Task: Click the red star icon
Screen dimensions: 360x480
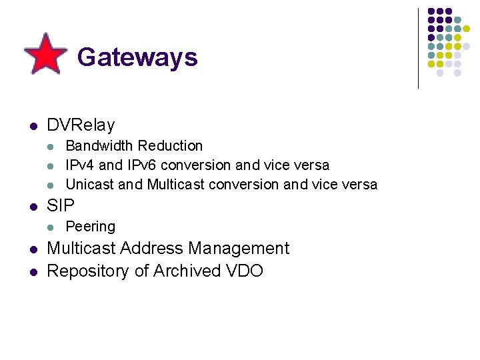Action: click(x=45, y=53)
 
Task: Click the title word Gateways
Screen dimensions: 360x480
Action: click(x=137, y=57)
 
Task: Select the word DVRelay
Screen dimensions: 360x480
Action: click(x=81, y=125)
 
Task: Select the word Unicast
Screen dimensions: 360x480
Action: click(x=89, y=184)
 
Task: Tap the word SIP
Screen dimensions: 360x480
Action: click(x=61, y=205)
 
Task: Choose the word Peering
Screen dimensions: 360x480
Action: click(x=91, y=227)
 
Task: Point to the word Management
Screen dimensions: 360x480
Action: click(x=239, y=249)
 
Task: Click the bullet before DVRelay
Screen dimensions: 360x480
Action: click(x=32, y=125)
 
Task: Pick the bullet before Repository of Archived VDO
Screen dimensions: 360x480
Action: click(x=32, y=272)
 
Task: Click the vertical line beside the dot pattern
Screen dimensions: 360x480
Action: click(x=418, y=48)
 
